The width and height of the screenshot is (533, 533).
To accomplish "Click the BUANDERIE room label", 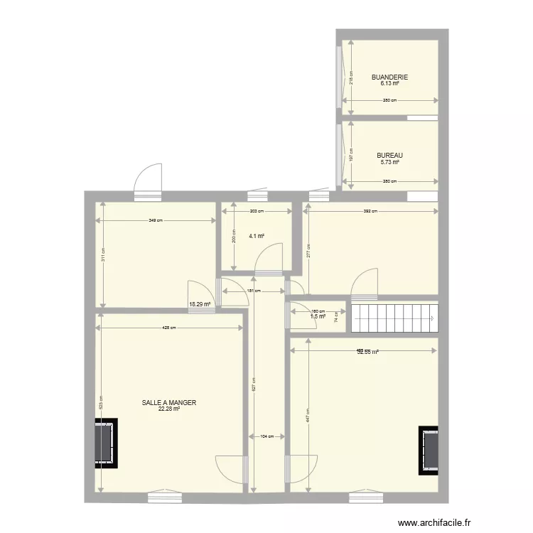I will (389, 77).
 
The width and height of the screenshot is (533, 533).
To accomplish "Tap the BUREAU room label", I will (389, 156).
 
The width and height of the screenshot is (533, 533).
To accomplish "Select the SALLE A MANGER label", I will (169, 402).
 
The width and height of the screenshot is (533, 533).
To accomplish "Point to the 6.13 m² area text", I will (389, 84).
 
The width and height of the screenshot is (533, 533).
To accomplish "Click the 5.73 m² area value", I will (389, 162).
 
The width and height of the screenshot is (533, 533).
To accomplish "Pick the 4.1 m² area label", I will (257, 237).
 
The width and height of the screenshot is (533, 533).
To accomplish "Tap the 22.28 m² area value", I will (169, 409).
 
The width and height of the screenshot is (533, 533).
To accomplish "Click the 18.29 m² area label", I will (200, 304).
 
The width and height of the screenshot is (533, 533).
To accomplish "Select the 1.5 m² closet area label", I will (318, 316).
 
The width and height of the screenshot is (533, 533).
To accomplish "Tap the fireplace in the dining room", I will (106, 442).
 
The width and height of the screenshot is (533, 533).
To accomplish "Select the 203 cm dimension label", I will (257, 211).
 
